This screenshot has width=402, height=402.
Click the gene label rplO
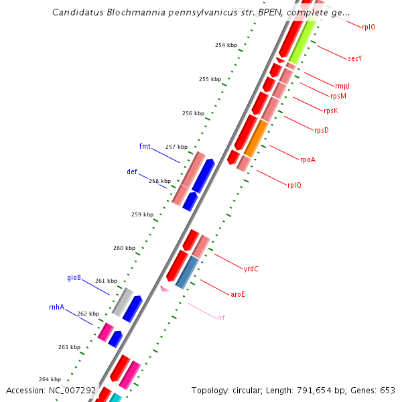(x=368, y=27)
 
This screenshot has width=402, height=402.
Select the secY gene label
(x=355, y=58)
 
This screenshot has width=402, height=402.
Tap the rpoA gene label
(x=308, y=159)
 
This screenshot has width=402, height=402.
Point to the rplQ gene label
(x=294, y=185)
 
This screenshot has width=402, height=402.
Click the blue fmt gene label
(x=145, y=146)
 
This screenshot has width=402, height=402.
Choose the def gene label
(x=132, y=172)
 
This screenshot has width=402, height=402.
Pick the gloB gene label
(x=74, y=277)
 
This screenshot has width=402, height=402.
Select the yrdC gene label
(x=251, y=269)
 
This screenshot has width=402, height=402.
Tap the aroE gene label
(x=238, y=294)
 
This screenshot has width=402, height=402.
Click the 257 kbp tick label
(x=176, y=147)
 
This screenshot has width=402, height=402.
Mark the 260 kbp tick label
(x=124, y=248)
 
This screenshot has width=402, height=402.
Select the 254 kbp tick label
(x=226, y=45)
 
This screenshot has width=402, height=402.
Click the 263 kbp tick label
(x=69, y=347)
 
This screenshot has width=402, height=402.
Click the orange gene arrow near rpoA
(x=256, y=138)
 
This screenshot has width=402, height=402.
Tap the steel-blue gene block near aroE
(x=187, y=272)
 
